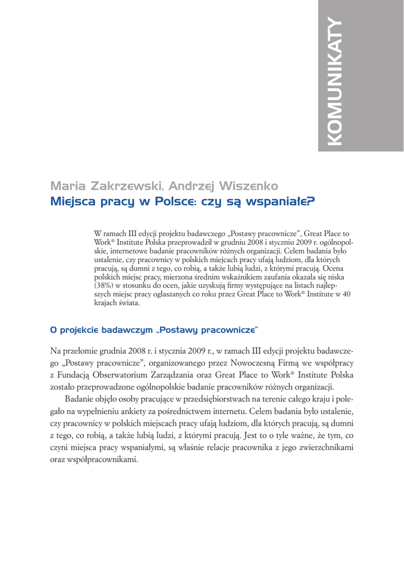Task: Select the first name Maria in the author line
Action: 65,186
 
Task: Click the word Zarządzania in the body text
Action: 185,375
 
